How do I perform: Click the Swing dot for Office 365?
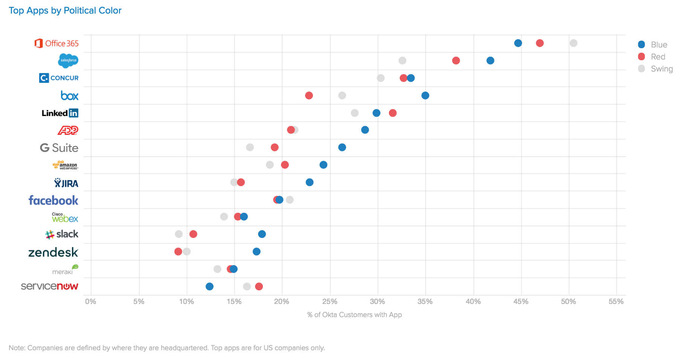pyautogui.click(x=573, y=43)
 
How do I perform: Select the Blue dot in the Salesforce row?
pyautogui.click(x=490, y=61)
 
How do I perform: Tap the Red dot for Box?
pyautogui.click(x=309, y=96)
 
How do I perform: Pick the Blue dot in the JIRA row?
pyautogui.click(x=310, y=182)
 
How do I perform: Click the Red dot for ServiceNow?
pyautogui.click(x=259, y=287)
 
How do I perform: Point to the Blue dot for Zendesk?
pyautogui.click(x=257, y=252)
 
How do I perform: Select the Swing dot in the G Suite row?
pyautogui.click(x=250, y=147)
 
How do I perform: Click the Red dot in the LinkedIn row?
pyautogui.click(x=392, y=113)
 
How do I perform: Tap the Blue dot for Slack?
pyautogui.click(x=262, y=234)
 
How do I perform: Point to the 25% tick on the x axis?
pyautogui.click(x=330, y=302)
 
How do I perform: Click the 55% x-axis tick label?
pyautogui.click(x=616, y=302)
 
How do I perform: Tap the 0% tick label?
pyautogui.click(x=91, y=302)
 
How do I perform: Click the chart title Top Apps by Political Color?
pyautogui.click(x=65, y=11)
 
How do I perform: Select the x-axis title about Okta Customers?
pyautogui.click(x=354, y=315)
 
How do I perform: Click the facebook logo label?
pyautogui.click(x=53, y=200)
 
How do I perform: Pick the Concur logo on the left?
pyautogui.click(x=59, y=78)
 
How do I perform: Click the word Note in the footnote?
pyautogui.click(x=17, y=348)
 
